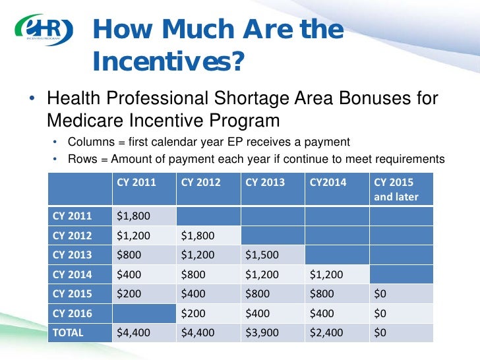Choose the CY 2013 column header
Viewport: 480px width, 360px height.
[265, 183]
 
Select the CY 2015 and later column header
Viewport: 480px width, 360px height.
[396, 189]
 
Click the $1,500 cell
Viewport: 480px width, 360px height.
[262, 255]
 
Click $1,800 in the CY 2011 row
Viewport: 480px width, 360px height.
[133, 216]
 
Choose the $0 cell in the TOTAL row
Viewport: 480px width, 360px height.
[380, 333]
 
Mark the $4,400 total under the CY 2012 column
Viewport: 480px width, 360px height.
[198, 333]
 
